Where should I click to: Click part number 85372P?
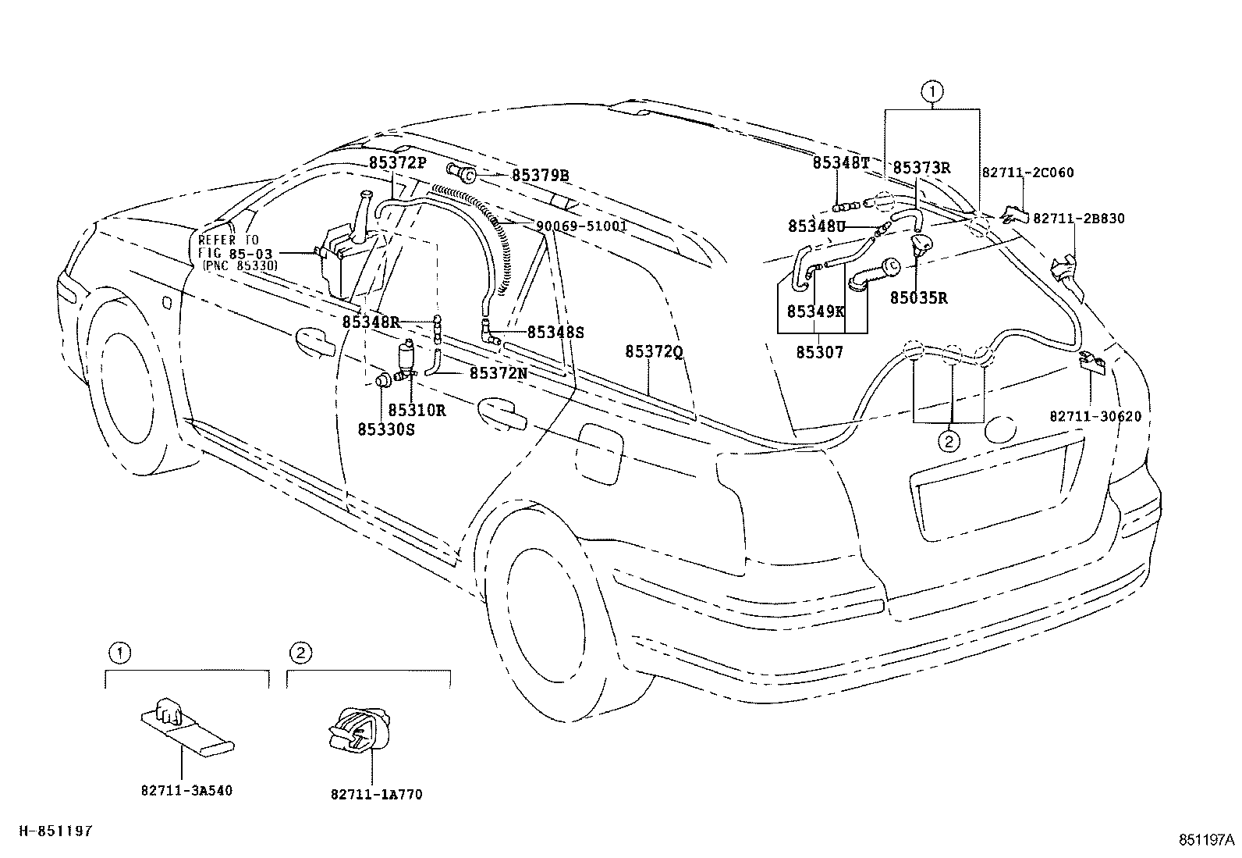tap(398, 162)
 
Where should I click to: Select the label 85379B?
tap(540, 176)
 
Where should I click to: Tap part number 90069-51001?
tap(582, 226)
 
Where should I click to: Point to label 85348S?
tap(555, 332)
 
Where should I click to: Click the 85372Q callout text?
tap(655, 351)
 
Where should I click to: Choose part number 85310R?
tap(417, 410)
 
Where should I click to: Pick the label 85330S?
tap(386, 429)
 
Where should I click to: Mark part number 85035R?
tap(919, 298)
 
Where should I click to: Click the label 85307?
tap(819, 352)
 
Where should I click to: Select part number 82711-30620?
tap(1095, 416)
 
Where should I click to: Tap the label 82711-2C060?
tap(1028, 173)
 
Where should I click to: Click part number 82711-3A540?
tap(186, 790)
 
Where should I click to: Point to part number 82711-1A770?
tap(377, 795)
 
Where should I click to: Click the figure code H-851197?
tap(56, 831)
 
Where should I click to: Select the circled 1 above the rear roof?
tap(931, 91)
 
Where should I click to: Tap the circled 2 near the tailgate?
tap(949, 442)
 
